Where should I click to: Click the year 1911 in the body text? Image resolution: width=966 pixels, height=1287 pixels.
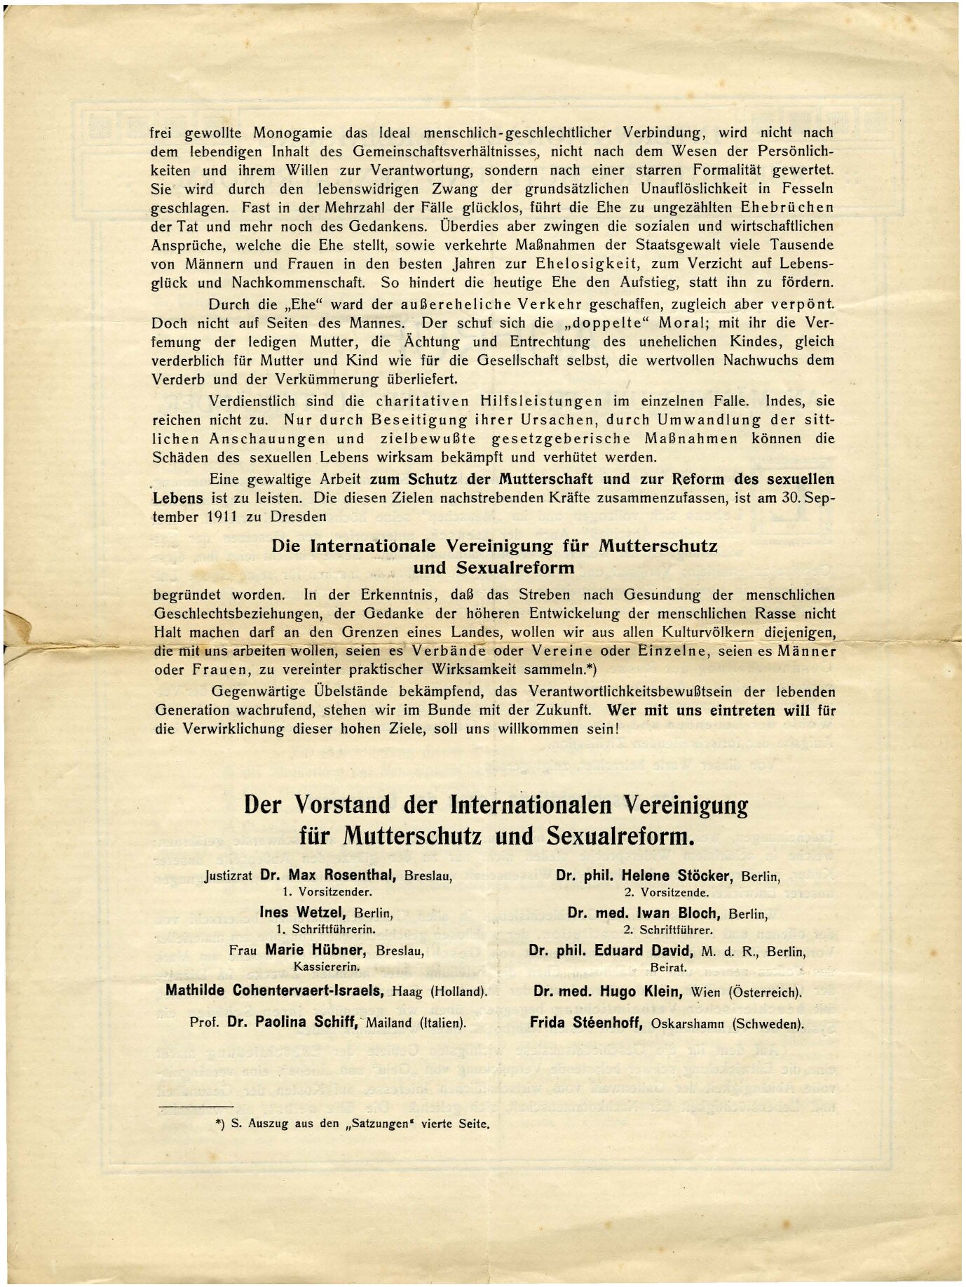tap(222, 517)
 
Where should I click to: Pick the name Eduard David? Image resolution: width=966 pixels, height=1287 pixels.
tap(644, 951)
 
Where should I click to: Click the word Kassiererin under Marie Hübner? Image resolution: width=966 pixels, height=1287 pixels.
tap(327, 966)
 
